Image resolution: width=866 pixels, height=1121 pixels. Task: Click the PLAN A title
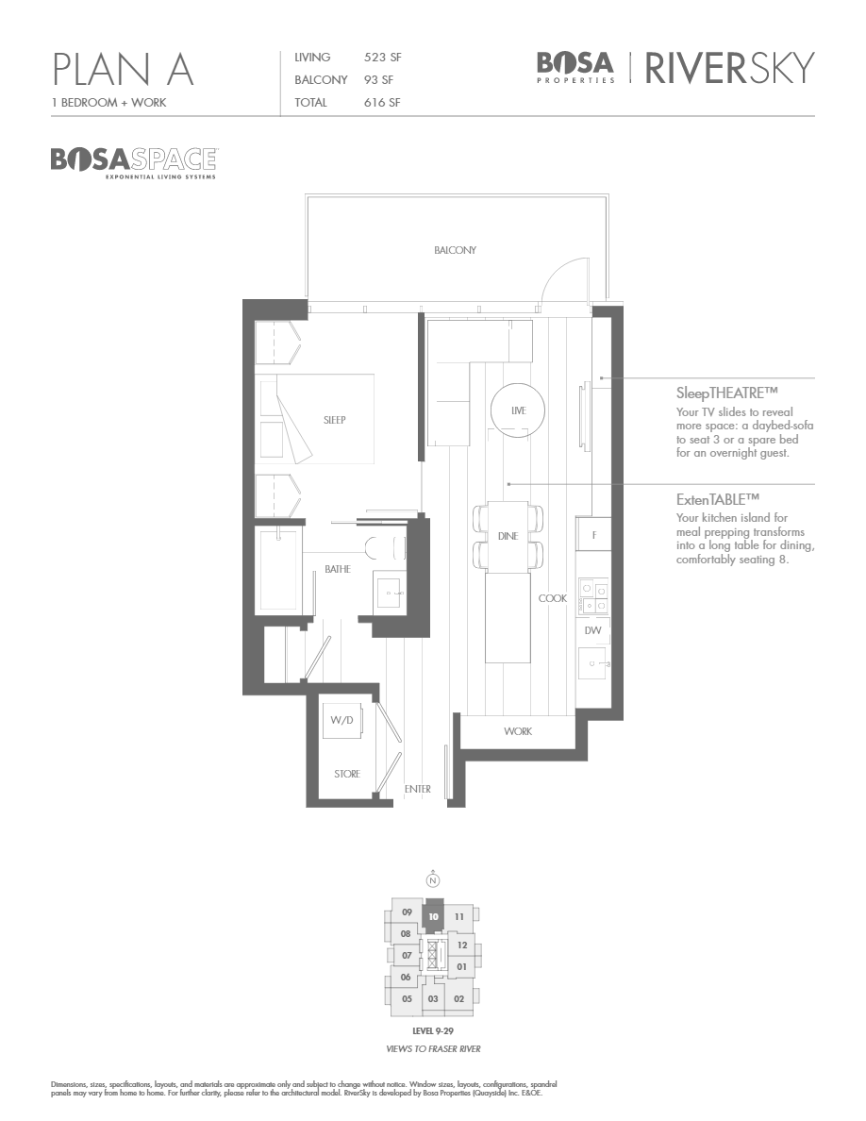click(x=124, y=70)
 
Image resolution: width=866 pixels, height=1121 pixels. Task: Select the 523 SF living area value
click(x=383, y=59)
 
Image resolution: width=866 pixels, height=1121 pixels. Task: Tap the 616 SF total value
click(x=382, y=103)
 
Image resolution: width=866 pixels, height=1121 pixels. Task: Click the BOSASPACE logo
click(x=133, y=159)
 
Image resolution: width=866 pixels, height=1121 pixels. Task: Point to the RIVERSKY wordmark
click(x=729, y=68)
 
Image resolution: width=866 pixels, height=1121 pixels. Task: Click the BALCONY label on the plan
click(x=456, y=250)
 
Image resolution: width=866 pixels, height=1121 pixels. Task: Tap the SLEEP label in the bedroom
click(x=334, y=420)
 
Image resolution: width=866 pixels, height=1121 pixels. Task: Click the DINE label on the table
click(x=508, y=536)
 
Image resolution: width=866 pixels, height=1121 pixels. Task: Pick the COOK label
click(x=553, y=598)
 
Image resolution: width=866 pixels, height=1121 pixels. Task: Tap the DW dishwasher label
click(x=593, y=630)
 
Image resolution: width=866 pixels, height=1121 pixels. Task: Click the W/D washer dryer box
click(x=341, y=722)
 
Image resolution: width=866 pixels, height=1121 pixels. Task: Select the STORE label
click(x=347, y=774)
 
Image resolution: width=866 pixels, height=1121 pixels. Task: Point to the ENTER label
click(x=417, y=789)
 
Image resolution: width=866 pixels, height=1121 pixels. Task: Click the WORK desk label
click(x=517, y=731)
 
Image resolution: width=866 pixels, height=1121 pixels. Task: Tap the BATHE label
click(x=338, y=570)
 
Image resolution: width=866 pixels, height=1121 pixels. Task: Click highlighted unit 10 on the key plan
click(x=433, y=915)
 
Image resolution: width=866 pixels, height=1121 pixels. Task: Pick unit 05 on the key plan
click(x=408, y=998)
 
